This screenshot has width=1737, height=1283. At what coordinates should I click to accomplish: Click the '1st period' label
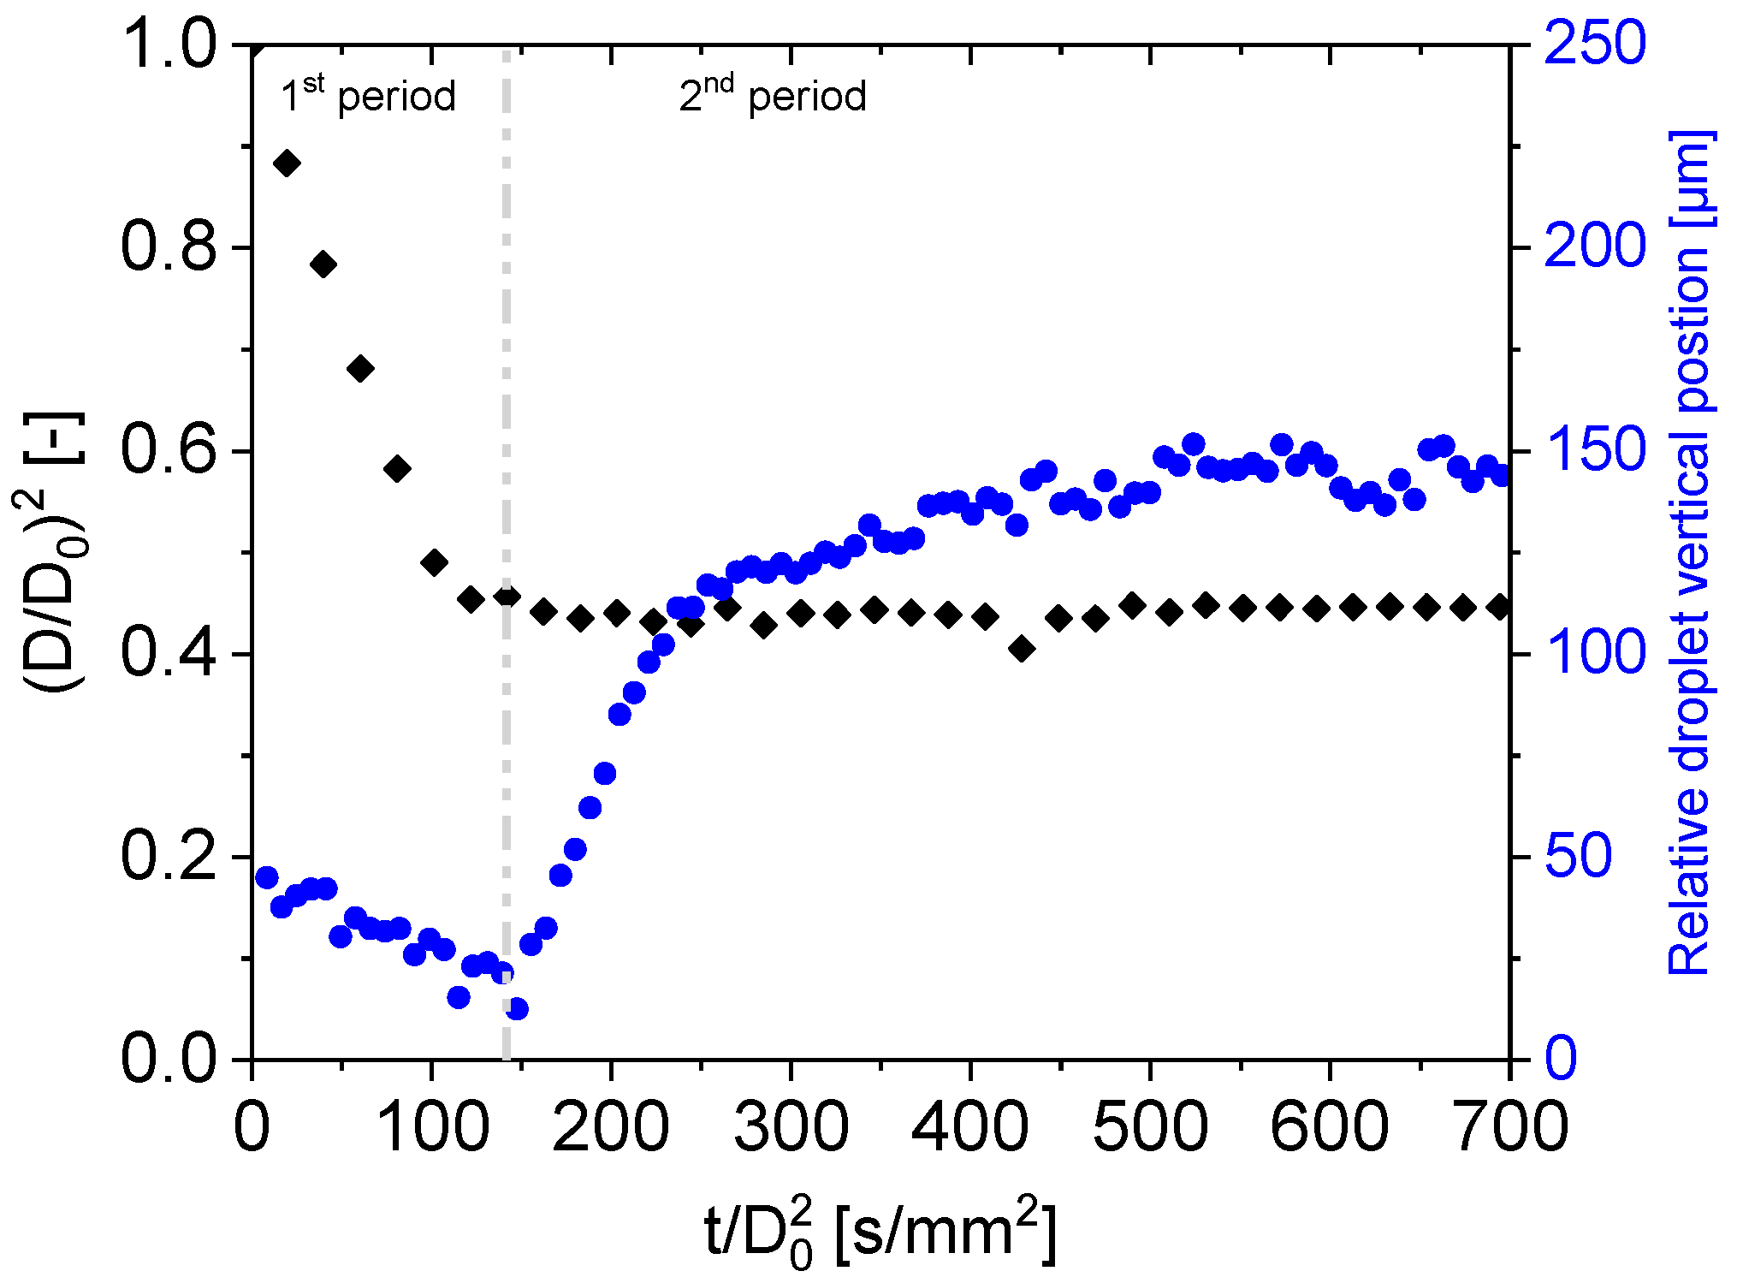[368, 96]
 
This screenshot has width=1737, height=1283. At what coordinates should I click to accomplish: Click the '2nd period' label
[773, 96]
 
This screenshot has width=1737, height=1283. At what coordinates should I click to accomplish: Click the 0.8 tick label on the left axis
[169, 247]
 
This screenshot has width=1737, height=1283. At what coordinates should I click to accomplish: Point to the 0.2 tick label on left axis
[169, 856]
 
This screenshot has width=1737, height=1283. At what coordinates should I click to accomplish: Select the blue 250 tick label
[1595, 43]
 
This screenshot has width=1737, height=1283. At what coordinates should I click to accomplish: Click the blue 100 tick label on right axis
[1595, 653]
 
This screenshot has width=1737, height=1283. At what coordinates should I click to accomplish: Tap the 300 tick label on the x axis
[791, 1127]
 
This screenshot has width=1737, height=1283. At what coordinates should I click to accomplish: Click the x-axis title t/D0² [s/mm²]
[881, 1233]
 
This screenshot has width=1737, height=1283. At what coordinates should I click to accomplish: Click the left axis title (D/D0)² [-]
[53, 552]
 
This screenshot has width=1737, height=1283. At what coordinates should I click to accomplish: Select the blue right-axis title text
[1689, 552]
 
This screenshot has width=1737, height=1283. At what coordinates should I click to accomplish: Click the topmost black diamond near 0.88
[286, 163]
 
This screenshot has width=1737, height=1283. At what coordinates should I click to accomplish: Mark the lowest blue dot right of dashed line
[517, 1009]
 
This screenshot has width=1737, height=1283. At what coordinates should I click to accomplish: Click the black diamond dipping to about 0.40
[1022, 649]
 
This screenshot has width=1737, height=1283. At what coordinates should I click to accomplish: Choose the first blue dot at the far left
[266, 877]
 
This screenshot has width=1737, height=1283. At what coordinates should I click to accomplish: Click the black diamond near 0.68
[360, 369]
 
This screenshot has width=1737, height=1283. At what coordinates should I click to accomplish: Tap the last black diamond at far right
[1498, 607]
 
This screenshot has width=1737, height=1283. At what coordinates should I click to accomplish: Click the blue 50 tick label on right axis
[1579, 856]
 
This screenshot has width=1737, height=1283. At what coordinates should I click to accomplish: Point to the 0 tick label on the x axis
[252, 1127]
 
